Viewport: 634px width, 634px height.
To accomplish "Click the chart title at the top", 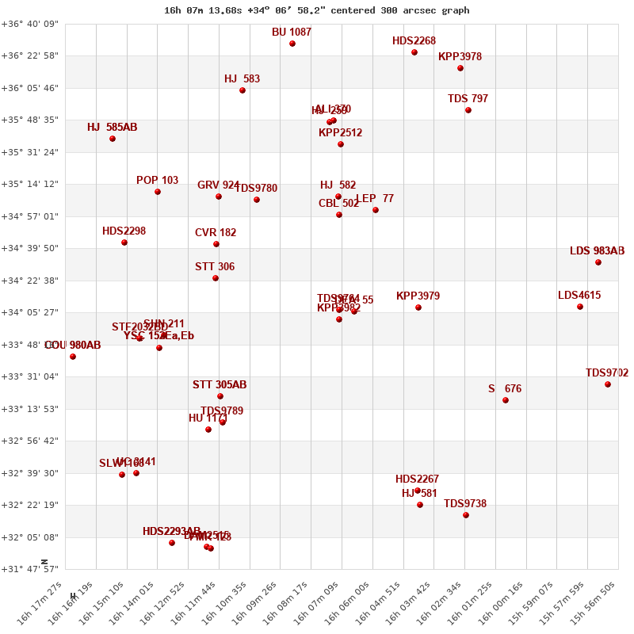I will [x=317, y=10].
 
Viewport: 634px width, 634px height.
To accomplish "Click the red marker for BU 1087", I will [x=292, y=44].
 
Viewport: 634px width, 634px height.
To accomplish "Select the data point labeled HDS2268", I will [x=414, y=52].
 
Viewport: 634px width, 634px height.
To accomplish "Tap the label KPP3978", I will [x=460, y=57].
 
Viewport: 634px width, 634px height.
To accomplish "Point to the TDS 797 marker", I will [x=468, y=110].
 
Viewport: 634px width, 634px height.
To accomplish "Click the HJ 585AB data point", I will [x=113, y=139].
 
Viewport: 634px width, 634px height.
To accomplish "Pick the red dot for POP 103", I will [x=158, y=192].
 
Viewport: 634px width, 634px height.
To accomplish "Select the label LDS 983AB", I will [x=597, y=251].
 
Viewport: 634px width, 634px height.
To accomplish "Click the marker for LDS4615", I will [x=580, y=307].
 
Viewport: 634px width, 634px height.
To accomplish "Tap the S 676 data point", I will [x=506, y=400].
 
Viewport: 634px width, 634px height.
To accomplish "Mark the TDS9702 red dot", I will [x=608, y=384].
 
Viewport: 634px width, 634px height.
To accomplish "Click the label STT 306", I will [x=215, y=267].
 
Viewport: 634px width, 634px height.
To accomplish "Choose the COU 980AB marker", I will [x=73, y=357].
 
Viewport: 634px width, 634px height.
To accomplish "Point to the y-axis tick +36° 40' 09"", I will [x=30, y=24].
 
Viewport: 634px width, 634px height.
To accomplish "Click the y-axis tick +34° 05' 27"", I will [x=30, y=312].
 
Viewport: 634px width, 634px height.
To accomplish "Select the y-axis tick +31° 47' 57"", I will [x=30, y=569].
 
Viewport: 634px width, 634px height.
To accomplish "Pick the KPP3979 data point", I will [x=418, y=307].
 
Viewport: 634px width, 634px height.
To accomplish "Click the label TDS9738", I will [x=465, y=504].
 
